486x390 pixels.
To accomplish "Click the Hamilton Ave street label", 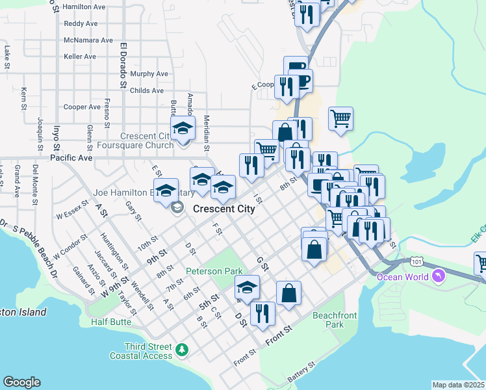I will [84, 6].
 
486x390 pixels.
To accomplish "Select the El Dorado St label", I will [123, 65].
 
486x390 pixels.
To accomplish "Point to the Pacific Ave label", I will [71, 158].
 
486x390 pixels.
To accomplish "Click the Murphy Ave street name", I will [149, 74].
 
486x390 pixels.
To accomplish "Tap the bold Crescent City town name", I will [224, 209].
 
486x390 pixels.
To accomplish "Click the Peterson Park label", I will [214, 271].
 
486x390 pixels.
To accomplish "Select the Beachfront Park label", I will [327, 319].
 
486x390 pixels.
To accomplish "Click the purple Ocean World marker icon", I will [439, 277].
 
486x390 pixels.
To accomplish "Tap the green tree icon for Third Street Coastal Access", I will [183, 350].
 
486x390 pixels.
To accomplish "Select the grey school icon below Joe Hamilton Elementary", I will [176, 207].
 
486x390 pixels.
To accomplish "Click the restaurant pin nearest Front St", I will [262, 313].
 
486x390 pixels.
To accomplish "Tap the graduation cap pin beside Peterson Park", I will [246, 287].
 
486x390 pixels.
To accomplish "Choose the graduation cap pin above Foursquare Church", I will [183, 127].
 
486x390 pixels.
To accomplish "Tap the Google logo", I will [21, 382].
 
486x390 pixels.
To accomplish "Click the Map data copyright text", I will [458, 385].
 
